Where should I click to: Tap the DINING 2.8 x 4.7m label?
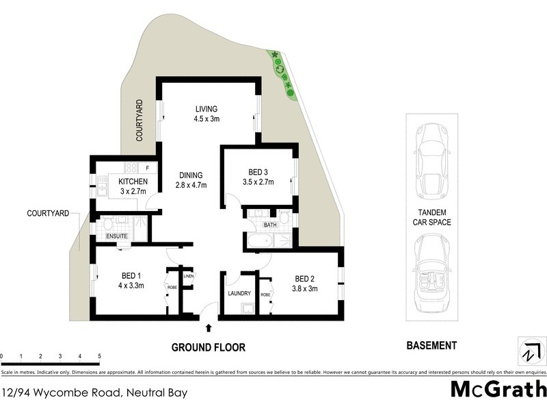(x=191, y=179)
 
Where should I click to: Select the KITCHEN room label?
(x=133, y=182)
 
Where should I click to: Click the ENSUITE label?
(x=117, y=236)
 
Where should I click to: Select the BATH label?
(x=270, y=225)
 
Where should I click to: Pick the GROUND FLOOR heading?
(x=208, y=347)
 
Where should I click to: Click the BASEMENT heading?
(x=431, y=346)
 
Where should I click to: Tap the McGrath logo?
(x=498, y=389)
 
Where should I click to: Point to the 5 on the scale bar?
(x=100, y=357)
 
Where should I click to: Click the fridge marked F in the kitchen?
(x=147, y=167)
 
